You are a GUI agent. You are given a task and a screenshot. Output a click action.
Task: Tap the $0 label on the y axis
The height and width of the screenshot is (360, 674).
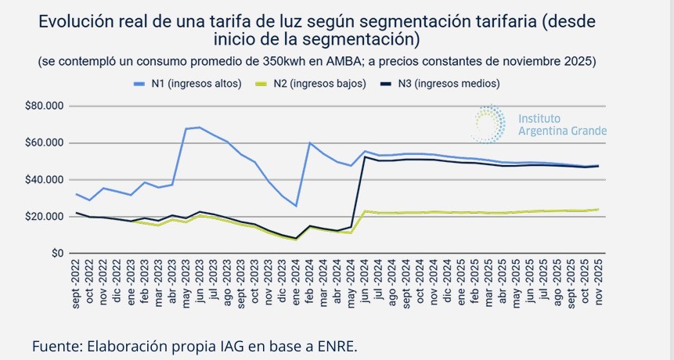click(x=56, y=254)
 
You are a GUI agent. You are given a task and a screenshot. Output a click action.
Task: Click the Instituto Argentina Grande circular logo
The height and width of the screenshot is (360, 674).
click(x=490, y=124)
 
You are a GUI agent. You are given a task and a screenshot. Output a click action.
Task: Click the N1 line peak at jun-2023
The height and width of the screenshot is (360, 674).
click(x=200, y=127)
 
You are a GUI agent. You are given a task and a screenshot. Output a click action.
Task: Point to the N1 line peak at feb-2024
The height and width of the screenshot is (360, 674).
click(x=311, y=142)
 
